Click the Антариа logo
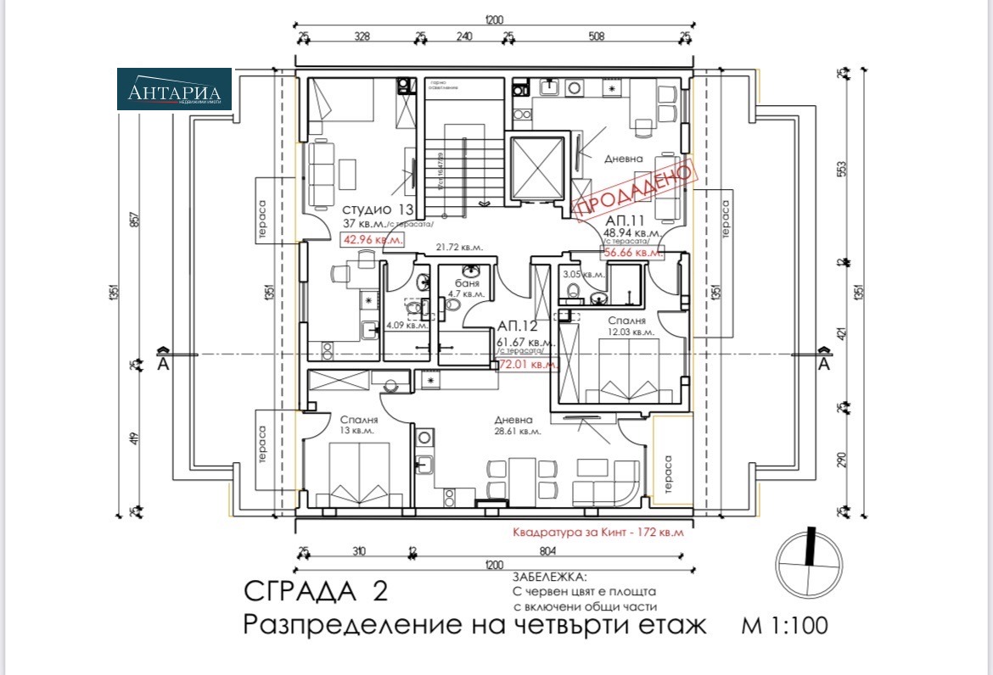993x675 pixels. pyautogui.click(x=174, y=89)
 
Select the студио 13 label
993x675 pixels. pyautogui.click(x=378, y=209)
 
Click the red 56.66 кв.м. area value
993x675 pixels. pyautogui.click(x=632, y=252)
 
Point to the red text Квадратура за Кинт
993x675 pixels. pyautogui.click(x=597, y=534)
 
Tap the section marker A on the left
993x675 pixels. pyautogui.click(x=160, y=365)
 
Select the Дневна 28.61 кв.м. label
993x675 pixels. pyautogui.click(x=515, y=425)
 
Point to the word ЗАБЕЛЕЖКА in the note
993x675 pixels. pyautogui.click(x=549, y=576)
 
